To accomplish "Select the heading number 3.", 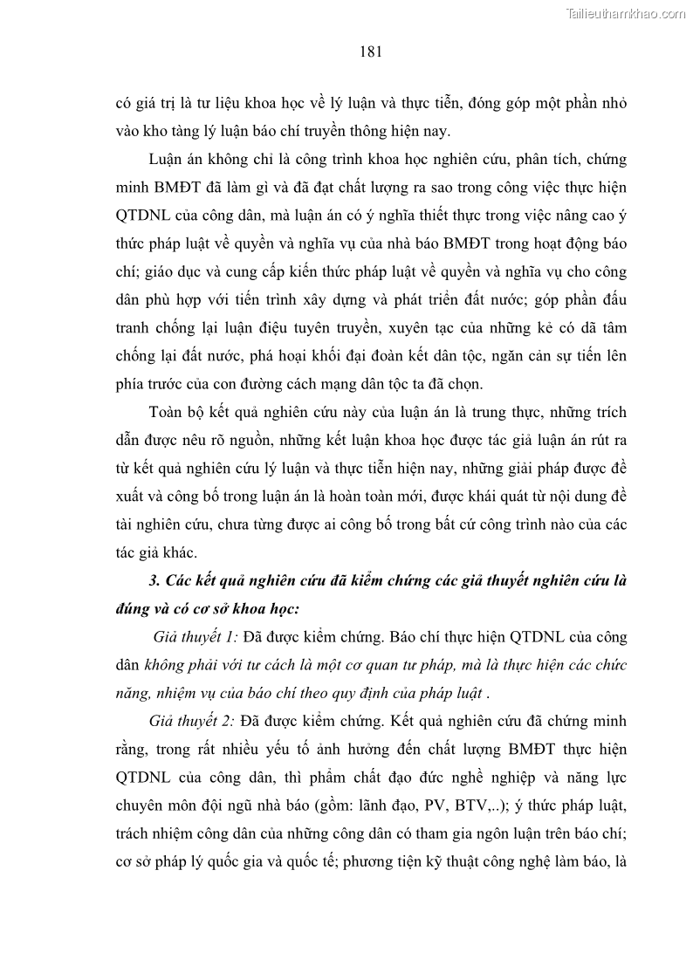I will point(155,582).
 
